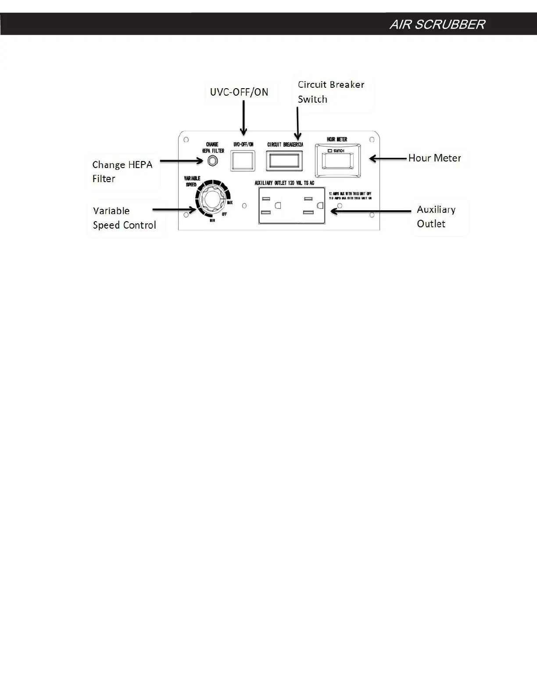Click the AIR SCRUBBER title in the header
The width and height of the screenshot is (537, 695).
pyautogui.click(x=437, y=25)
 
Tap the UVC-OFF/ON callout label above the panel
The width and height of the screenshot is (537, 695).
pyautogui.click(x=239, y=92)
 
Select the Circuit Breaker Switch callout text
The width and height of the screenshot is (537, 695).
pyautogui.click(x=331, y=92)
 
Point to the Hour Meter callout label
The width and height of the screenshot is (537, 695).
pyautogui.click(x=434, y=158)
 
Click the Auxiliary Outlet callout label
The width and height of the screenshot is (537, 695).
pyautogui.click(x=436, y=216)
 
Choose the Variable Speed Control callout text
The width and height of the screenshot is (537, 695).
pyautogui.click(x=124, y=218)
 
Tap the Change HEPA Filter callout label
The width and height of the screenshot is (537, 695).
pyautogui.click(x=122, y=172)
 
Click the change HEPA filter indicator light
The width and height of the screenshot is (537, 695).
pyautogui.click(x=212, y=161)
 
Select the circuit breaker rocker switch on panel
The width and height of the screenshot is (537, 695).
pyautogui.click(x=284, y=161)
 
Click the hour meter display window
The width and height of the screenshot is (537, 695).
pyautogui.click(x=337, y=161)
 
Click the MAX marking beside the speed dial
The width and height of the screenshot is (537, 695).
pyautogui.click(x=230, y=202)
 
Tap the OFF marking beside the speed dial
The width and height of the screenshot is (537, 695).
pyautogui.click(x=224, y=214)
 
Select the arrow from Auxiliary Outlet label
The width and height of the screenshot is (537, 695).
pyautogui.click(x=371, y=211)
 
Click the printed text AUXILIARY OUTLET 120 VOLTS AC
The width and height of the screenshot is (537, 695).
pyautogui.click(x=284, y=183)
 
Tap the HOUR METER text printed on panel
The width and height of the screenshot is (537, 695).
pyautogui.click(x=337, y=140)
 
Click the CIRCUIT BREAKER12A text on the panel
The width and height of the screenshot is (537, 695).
pyautogui.click(x=285, y=145)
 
